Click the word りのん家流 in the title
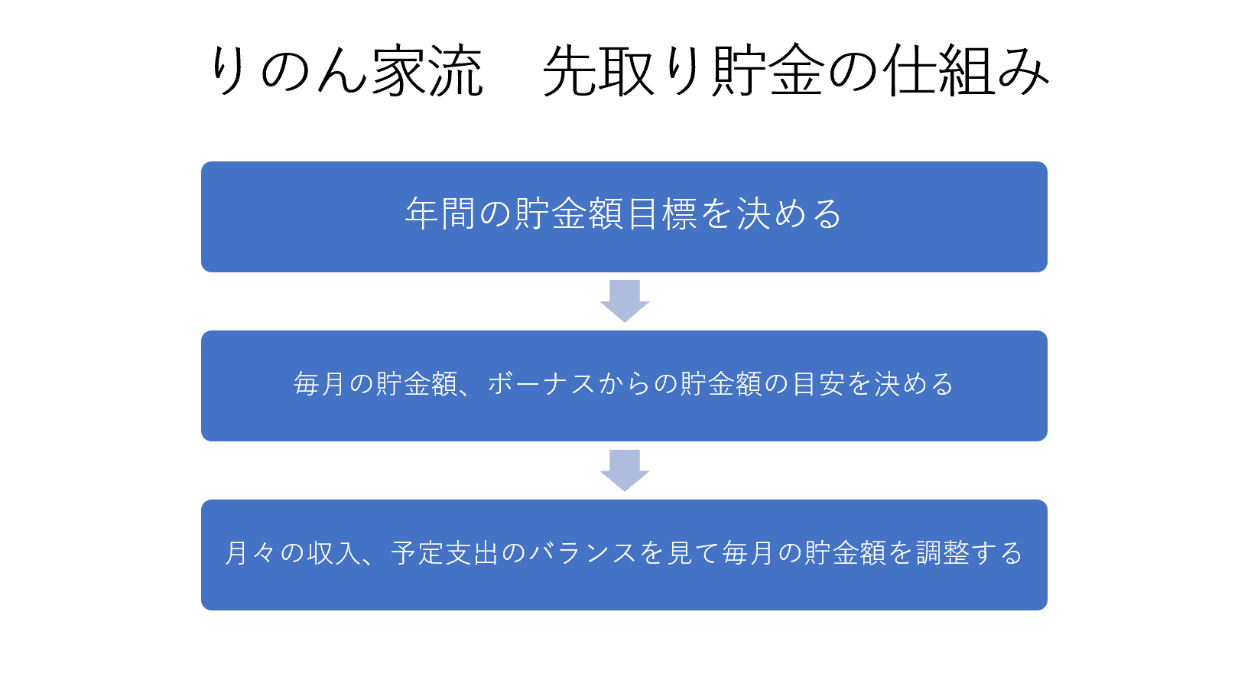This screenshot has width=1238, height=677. click(346, 71)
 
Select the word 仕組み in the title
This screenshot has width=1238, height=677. click(966, 71)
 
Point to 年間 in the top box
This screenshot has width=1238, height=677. click(440, 213)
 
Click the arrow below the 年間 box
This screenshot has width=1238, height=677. click(625, 301)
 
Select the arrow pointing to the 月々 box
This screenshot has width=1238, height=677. click(625, 470)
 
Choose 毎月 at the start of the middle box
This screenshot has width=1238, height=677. click(320, 384)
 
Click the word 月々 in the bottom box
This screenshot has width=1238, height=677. click(250, 553)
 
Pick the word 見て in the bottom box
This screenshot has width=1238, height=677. click(694, 553)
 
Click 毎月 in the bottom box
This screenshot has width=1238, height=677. click(749, 553)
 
